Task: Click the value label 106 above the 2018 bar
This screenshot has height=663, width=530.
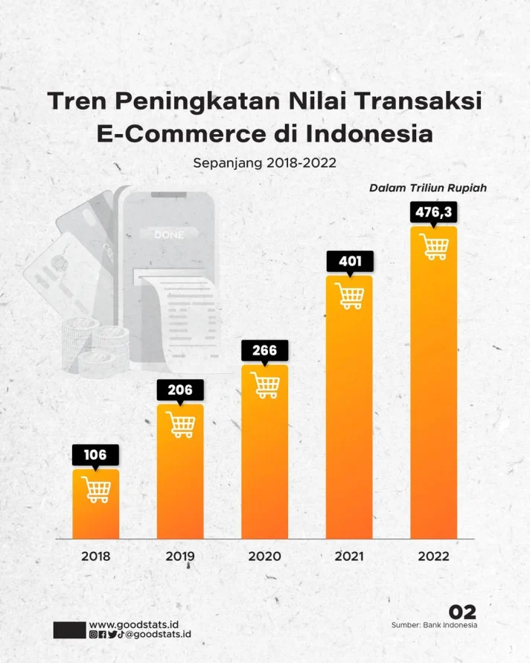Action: [95, 454]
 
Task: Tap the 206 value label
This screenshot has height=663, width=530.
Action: [179, 390]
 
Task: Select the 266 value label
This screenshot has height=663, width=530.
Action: [264, 350]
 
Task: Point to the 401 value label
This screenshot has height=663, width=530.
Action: [349, 261]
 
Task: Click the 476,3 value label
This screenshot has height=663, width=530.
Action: [433, 212]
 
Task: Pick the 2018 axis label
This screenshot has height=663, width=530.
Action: [95, 556]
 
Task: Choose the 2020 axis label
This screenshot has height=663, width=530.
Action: [264, 556]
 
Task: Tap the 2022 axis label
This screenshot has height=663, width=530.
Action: [433, 556]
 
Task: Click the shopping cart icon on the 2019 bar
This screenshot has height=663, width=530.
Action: [180, 424]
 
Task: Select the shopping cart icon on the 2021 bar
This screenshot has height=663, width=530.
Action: [349, 296]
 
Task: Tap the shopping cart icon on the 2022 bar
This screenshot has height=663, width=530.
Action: [434, 246]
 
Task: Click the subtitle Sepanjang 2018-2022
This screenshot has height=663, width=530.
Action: [264, 162]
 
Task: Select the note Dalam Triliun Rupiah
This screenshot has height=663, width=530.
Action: [428, 188]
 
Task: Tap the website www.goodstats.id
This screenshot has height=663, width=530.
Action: [138, 624]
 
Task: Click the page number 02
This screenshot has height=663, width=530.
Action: [462, 612]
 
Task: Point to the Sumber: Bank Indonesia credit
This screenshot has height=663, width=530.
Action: [434, 625]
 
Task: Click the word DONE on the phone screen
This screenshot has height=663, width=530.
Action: [168, 235]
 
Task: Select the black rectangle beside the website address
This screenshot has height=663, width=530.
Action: [69, 629]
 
